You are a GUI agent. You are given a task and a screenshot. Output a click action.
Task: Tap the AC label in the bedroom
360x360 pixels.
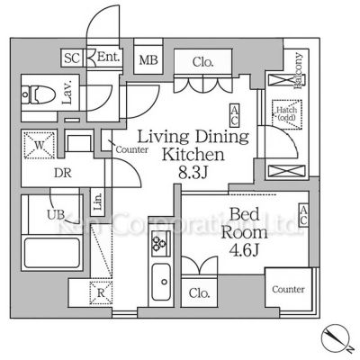pyautogui.click(x=304, y=215)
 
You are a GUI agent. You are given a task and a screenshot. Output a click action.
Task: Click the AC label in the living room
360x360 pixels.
pyautogui.click(x=234, y=114)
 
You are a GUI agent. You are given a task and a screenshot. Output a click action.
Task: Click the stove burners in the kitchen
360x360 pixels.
pyautogui.click(x=160, y=242)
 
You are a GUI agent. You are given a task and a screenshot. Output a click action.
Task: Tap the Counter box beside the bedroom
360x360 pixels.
pyautogui.click(x=288, y=290)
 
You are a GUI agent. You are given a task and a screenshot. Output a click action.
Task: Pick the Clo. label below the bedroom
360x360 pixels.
pyautogui.click(x=200, y=292)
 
